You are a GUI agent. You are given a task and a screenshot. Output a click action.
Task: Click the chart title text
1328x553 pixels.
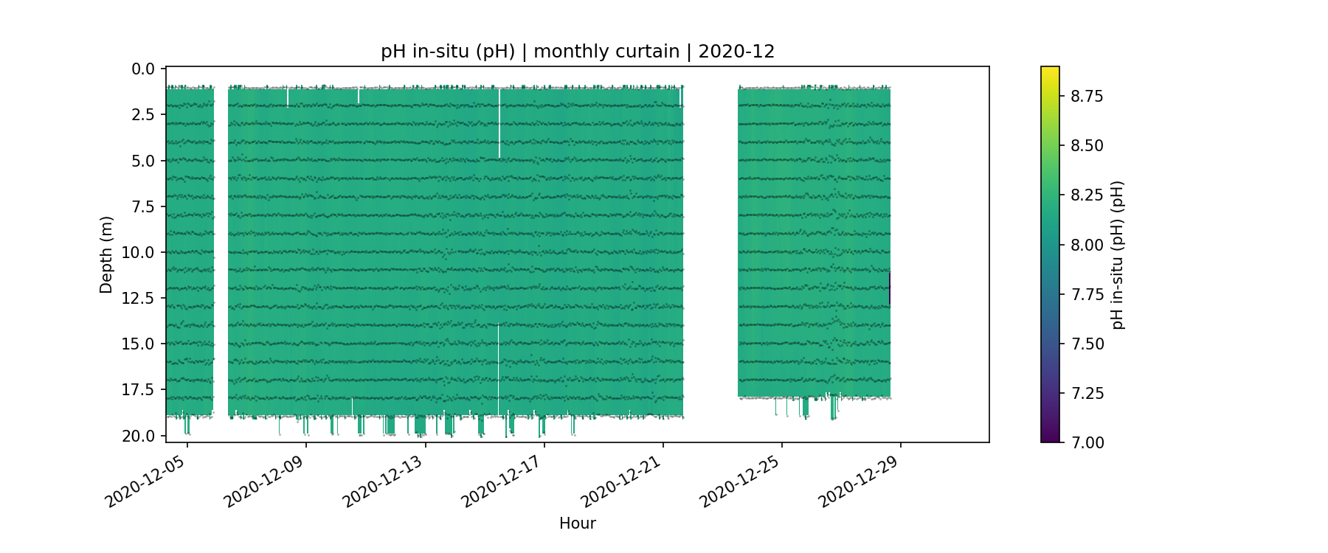click(578, 52)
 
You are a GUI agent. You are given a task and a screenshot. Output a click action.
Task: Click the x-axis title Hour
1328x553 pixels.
click(578, 524)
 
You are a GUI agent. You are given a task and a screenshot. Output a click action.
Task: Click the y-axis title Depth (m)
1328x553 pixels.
click(107, 255)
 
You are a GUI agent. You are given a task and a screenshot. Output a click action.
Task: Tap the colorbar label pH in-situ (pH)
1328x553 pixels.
click(1118, 255)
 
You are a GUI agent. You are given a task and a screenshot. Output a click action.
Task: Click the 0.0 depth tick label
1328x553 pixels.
click(143, 69)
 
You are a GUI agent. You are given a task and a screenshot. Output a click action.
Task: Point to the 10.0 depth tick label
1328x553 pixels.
click(139, 253)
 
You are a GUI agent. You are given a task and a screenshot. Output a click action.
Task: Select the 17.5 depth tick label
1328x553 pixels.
click(139, 390)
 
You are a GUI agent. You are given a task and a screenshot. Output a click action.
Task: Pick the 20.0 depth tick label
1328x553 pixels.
click(139, 437)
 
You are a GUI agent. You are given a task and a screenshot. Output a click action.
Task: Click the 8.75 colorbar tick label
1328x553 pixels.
click(1087, 96)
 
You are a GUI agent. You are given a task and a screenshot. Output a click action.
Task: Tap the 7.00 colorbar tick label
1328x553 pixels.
click(1087, 442)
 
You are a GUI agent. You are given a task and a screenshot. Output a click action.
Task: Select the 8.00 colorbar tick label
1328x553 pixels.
click(1087, 245)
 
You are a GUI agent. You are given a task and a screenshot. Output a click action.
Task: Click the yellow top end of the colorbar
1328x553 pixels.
click(1050, 70)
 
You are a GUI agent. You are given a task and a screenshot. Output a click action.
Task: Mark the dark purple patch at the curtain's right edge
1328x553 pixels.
click(890, 288)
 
